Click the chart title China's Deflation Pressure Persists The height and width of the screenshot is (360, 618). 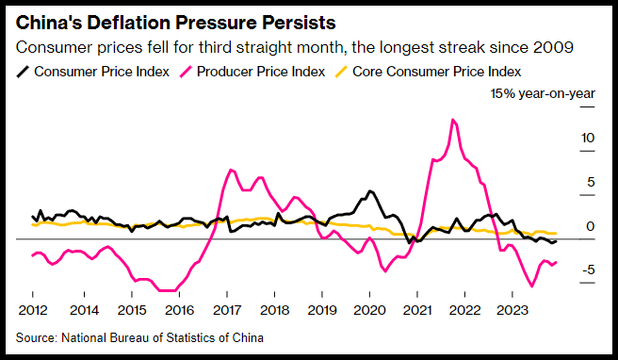(x=176, y=23)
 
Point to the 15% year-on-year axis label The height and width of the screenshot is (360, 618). (x=543, y=94)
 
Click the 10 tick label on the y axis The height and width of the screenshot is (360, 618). (x=587, y=138)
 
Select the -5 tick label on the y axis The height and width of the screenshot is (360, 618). (x=587, y=270)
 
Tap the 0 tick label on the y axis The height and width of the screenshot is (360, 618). (x=591, y=226)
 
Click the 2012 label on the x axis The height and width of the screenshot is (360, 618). (x=33, y=310)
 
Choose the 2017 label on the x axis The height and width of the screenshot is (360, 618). (x=227, y=310)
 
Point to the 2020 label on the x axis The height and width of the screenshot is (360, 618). (x=369, y=310)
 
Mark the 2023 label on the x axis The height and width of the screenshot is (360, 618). (x=512, y=310)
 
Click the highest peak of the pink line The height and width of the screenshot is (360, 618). (x=453, y=120)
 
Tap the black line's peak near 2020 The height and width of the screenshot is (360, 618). (x=369, y=191)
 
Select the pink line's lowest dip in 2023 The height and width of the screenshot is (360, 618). (x=532, y=286)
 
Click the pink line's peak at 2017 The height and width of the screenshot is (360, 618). (x=231, y=170)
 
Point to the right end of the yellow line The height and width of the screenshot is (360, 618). (x=556, y=234)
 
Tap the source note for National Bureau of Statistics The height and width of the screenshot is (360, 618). (x=139, y=338)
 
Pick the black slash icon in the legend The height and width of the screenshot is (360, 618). (x=23, y=73)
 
